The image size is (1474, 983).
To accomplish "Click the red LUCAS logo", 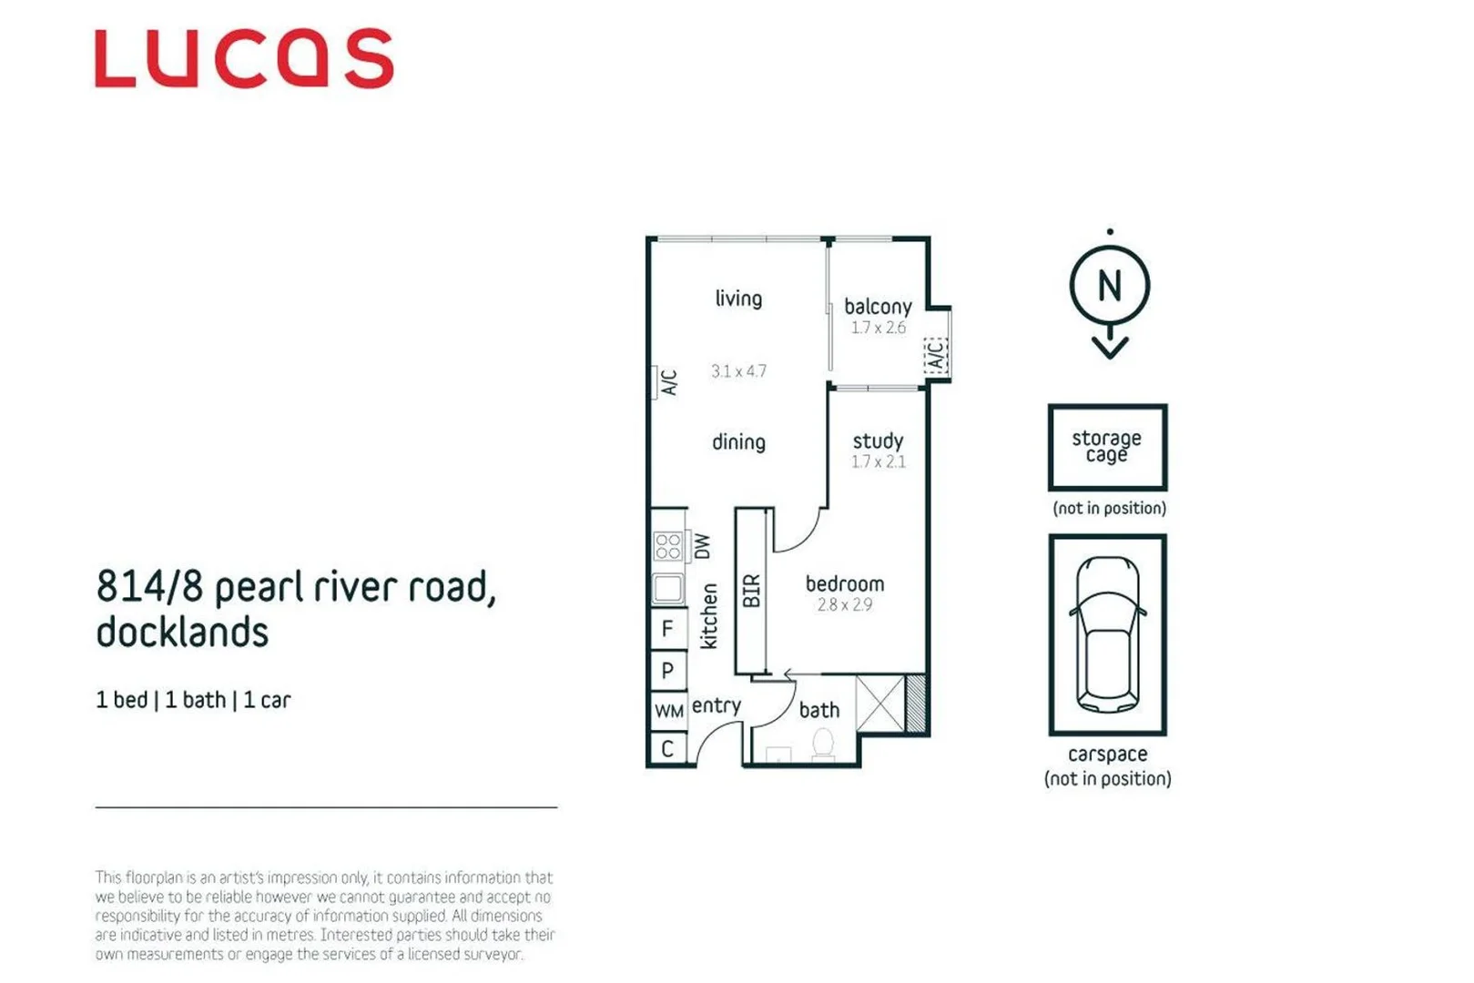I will (x=244, y=59).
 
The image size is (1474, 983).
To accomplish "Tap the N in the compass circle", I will (x=1109, y=287).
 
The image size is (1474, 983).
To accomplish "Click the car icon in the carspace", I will (x=1107, y=634).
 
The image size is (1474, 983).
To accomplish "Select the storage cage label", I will (x=1106, y=446).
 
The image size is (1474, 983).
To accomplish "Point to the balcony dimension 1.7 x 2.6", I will (x=878, y=328).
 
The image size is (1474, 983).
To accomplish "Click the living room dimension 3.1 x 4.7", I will (x=738, y=371).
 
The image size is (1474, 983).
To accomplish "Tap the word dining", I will (x=738, y=442).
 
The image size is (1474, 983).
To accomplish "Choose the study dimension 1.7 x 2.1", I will (x=878, y=461).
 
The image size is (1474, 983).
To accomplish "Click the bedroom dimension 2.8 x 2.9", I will (x=844, y=604).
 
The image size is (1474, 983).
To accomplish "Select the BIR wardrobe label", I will (x=751, y=591).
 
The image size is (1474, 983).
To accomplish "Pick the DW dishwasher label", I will (x=702, y=546).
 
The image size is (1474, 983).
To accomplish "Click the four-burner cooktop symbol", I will (x=668, y=546).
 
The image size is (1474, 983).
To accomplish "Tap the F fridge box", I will (x=667, y=629).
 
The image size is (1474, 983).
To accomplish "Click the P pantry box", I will (x=667, y=671).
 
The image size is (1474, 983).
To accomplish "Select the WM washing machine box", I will (x=668, y=711).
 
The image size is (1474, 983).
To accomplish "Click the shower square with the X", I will (x=880, y=702).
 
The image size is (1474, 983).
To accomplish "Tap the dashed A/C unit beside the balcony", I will (x=936, y=355).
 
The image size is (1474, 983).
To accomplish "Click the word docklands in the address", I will (x=182, y=633).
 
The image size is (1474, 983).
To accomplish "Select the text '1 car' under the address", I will (x=267, y=700).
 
